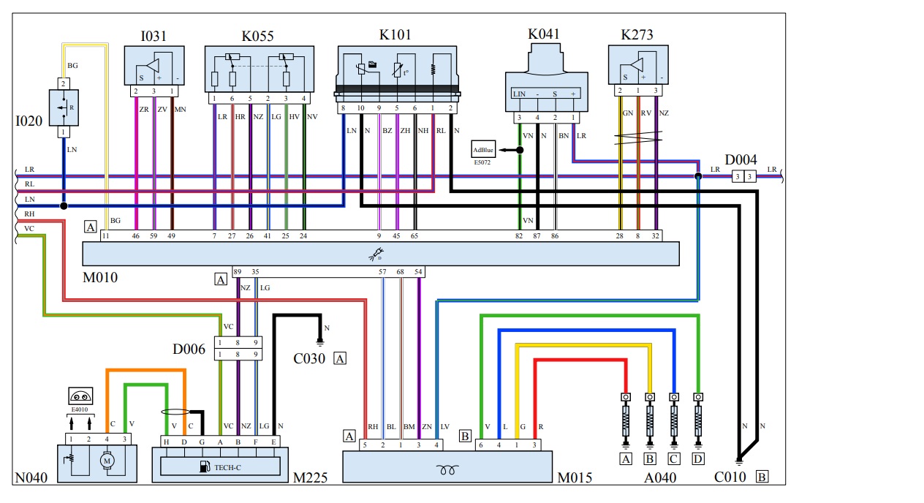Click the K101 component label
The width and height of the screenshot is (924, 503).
(x=395, y=34)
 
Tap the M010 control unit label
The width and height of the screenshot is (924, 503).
(x=102, y=277)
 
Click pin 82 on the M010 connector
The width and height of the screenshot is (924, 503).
(x=519, y=236)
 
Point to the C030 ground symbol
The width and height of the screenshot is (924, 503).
(x=319, y=341)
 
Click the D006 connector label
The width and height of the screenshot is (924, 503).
(x=189, y=349)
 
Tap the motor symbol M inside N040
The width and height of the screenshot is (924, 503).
(x=107, y=461)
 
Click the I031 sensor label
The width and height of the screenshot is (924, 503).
(x=154, y=35)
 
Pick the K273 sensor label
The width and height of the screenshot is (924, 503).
(x=637, y=34)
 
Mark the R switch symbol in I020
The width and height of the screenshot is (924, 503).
(x=64, y=107)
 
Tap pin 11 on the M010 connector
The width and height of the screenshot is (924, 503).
(x=106, y=236)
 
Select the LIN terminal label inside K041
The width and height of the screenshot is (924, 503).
(x=519, y=94)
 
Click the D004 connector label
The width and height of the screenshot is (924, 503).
(x=741, y=159)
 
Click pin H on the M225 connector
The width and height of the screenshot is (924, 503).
(x=166, y=442)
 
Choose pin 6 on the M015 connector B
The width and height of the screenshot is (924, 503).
(x=480, y=445)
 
